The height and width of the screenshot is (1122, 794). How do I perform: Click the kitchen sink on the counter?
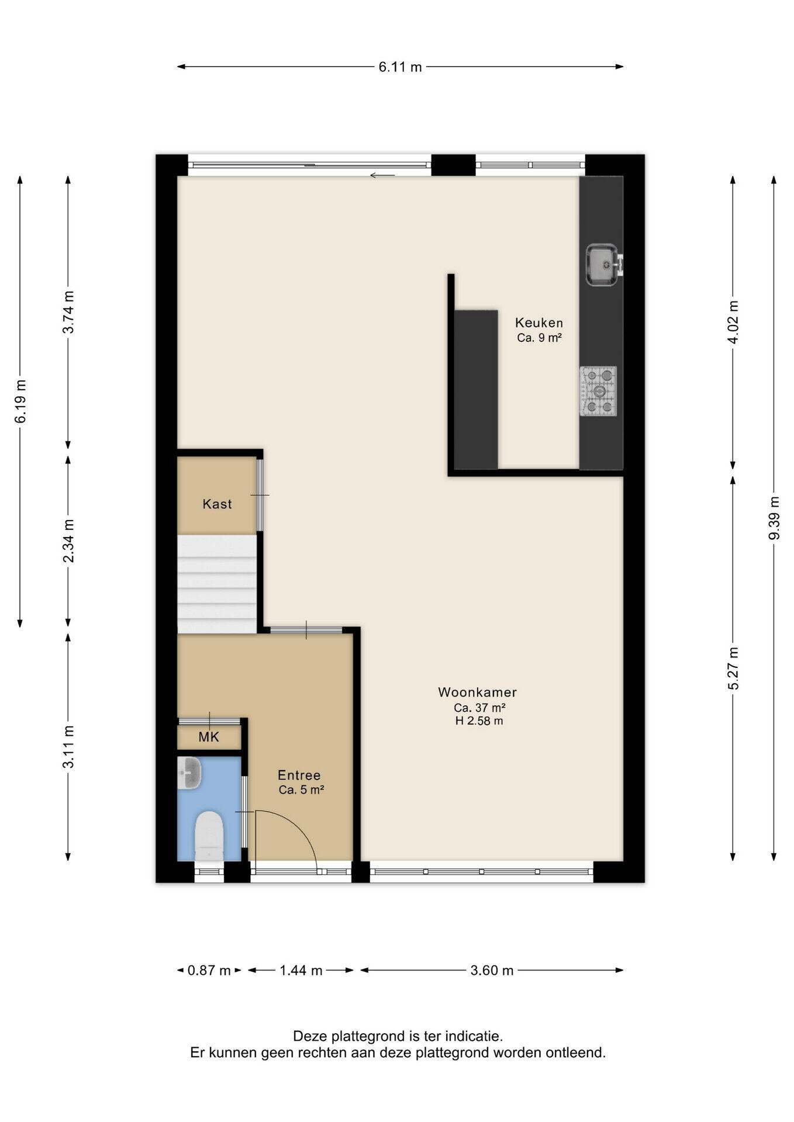pos(602,265)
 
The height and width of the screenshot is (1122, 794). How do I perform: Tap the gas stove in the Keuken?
pos(599,391)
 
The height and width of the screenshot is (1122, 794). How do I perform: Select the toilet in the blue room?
pos(209,836)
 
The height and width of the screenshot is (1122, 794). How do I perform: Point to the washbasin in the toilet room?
pos(189,773)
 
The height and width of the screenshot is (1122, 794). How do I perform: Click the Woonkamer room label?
pos(478,692)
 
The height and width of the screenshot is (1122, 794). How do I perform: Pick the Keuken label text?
pos(539,323)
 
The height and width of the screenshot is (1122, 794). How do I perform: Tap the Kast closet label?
pos(218,504)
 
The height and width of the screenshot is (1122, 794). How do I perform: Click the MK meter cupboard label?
pos(209,737)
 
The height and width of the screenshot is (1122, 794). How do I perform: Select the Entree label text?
pos(299,775)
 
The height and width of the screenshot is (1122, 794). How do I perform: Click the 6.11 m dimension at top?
pos(401,67)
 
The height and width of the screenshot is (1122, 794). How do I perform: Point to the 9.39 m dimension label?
pos(774,518)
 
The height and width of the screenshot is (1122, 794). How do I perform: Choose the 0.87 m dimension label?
pos(209,971)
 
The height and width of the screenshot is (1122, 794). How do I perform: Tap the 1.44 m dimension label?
pos(301,971)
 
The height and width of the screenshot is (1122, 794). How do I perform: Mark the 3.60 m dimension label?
pos(492,971)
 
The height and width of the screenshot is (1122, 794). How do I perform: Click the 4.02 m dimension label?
pos(733,322)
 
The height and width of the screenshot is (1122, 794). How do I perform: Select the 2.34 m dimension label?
pos(68,541)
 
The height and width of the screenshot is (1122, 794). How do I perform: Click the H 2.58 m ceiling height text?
pos(479,721)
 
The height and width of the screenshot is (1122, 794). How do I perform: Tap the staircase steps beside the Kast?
pos(217,584)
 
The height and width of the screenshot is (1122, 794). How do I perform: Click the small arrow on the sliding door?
pos(382,175)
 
